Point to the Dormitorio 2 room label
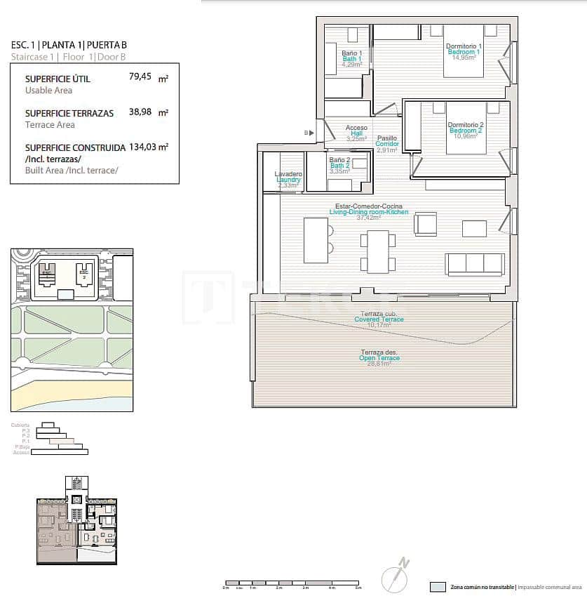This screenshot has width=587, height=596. pos(465,125)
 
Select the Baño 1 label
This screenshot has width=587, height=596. pos(351,53)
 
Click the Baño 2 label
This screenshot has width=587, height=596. pos(339,160)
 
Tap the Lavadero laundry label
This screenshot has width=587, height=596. pos(288,174)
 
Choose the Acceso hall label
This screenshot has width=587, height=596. pos(356,128)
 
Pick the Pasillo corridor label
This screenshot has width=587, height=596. pos(387,138)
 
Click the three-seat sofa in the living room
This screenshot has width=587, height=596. pos(475,264)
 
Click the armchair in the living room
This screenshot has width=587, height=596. pos(425,224)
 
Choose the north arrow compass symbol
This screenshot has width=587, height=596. pos(394,576)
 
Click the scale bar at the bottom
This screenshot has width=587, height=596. pos(290,582)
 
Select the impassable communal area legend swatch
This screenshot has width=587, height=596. pos(438,586)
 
